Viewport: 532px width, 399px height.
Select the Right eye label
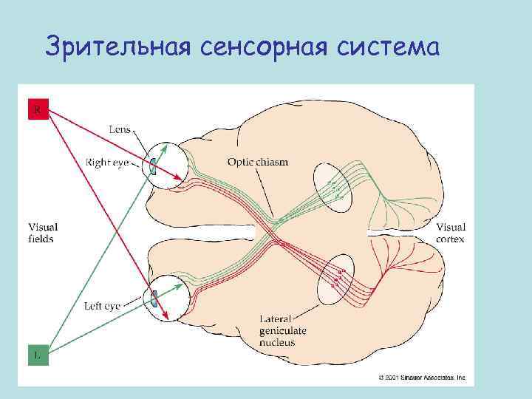coord(108,160)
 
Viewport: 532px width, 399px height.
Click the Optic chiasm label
coord(258,162)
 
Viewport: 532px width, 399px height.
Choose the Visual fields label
coord(42,233)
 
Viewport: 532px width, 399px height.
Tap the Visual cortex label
coord(451,233)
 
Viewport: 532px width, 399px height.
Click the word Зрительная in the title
coord(116,47)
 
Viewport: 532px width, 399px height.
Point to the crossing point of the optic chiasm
coord(276,225)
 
